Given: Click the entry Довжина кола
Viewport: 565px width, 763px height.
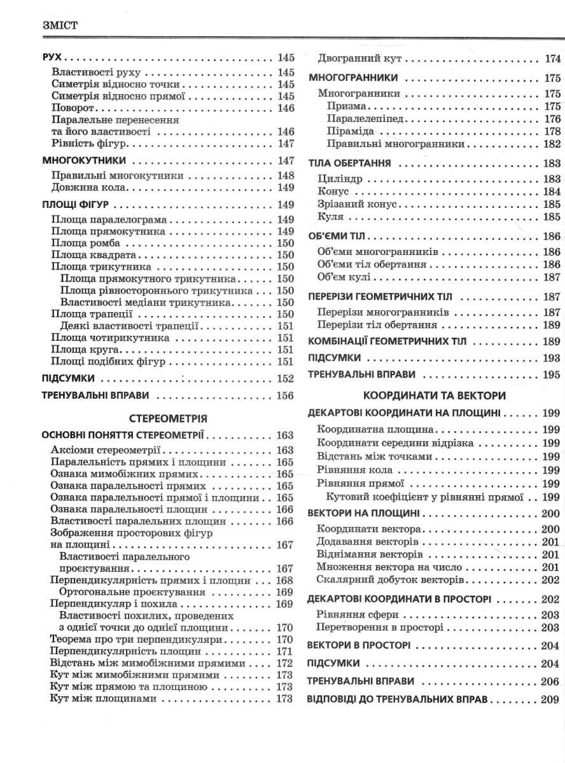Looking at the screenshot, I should [x=90, y=188].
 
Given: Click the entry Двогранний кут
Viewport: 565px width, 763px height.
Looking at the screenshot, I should [x=361, y=58].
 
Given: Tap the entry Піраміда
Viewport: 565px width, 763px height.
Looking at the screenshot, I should [x=350, y=132].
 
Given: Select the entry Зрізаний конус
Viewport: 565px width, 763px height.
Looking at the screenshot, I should [x=357, y=204].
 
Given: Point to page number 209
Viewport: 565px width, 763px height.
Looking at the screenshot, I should [x=550, y=699].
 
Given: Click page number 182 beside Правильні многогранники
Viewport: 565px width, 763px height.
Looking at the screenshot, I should [x=552, y=144].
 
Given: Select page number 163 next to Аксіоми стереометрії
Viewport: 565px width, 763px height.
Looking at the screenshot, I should [x=285, y=450].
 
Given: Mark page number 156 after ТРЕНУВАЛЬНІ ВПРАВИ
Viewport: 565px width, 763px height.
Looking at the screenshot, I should [x=285, y=395].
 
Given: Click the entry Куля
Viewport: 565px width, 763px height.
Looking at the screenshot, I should [x=330, y=217].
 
